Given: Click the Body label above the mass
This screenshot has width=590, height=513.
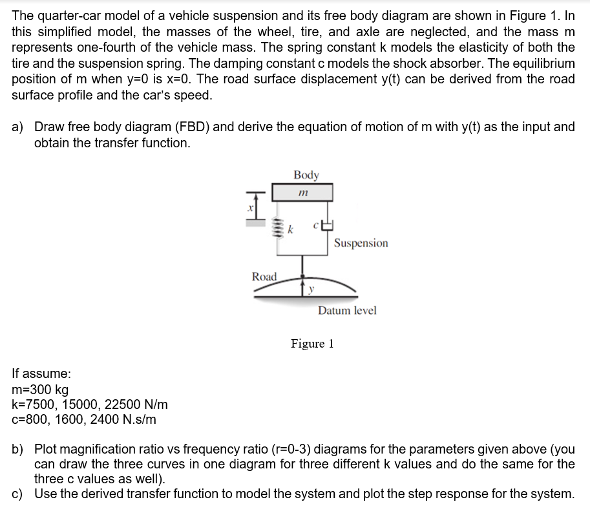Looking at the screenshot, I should pyautogui.click(x=306, y=175).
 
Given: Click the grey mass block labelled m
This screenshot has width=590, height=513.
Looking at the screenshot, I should pyautogui.click(x=302, y=193).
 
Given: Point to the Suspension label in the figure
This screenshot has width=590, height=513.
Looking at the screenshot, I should pyautogui.click(x=361, y=243).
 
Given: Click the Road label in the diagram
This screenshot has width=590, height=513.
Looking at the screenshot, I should pyautogui.click(x=264, y=277).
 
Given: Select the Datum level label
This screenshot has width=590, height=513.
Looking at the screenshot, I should pyautogui.click(x=346, y=311).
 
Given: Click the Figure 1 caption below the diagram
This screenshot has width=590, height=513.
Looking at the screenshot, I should pyautogui.click(x=312, y=343).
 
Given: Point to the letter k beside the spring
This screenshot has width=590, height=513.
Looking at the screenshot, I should pyautogui.click(x=291, y=229).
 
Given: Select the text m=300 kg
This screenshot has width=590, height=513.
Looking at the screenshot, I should pyautogui.click(x=40, y=390).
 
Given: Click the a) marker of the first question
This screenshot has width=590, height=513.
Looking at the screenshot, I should pyautogui.click(x=19, y=127).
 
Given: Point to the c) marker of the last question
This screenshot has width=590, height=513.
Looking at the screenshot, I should pyautogui.click(x=18, y=494).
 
